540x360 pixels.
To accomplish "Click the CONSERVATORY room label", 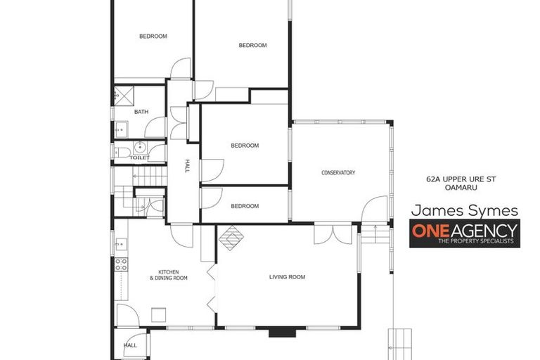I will tap(338, 173).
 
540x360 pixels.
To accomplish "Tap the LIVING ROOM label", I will tap(287, 277).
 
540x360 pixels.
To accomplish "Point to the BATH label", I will tap(141, 112).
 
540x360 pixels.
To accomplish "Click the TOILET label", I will tap(139, 158).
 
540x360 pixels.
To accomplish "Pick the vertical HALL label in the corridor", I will tap(187, 166).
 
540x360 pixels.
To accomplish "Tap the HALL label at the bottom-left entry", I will tap(131, 345).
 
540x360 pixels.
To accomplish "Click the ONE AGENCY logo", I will tap(464, 233).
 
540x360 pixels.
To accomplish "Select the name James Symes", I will tap(464, 210).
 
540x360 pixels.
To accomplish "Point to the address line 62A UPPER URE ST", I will tap(461, 179).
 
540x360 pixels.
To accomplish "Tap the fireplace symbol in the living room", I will tap(231, 238).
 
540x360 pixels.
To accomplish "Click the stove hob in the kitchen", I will tap(121, 264).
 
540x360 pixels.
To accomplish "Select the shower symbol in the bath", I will tap(124, 96).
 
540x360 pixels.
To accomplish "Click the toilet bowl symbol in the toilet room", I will tap(123, 152).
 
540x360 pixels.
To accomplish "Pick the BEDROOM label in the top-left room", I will tap(153, 36).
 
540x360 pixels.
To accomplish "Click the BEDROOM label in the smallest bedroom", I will tap(245, 206).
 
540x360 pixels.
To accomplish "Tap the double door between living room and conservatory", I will tap(333, 233).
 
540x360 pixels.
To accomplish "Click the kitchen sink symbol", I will tap(120, 245).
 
